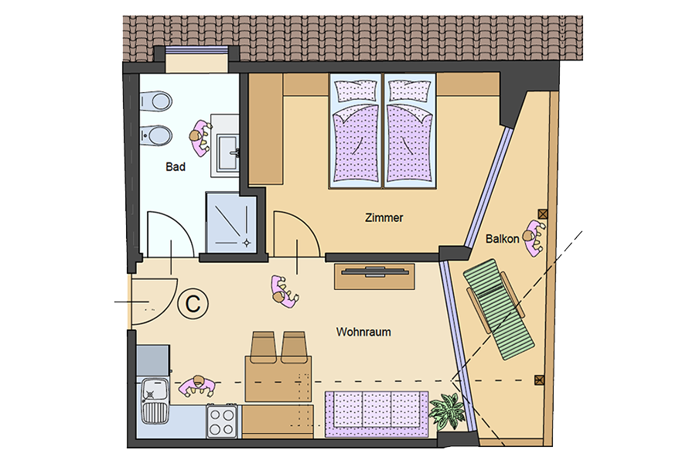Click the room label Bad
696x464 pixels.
pyautogui.click(x=176, y=167)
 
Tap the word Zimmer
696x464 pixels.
pyautogui.click(x=384, y=217)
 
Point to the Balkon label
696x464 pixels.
pyautogui.click(x=502, y=239)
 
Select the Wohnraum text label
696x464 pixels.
pyautogui.click(x=363, y=332)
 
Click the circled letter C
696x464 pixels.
pyautogui.click(x=193, y=304)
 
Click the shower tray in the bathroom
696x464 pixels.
pyautogui.click(x=231, y=223)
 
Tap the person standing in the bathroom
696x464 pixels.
pyautogui.click(x=200, y=138)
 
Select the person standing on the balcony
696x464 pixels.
pyautogui.click(x=534, y=237)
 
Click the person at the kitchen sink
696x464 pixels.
pyautogui.click(x=197, y=387)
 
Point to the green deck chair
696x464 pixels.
pyautogui.click(x=499, y=309)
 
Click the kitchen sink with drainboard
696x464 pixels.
pyautogui.click(x=155, y=400)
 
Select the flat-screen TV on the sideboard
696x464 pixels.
pyautogui.click(x=374, y=271)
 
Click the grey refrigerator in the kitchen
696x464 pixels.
pyautogui.click(x=152, y=360)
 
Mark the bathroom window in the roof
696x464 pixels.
pyautogui.click(x=196, y=50)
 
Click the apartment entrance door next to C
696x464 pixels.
pyautogui.click(x=153, y=302)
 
